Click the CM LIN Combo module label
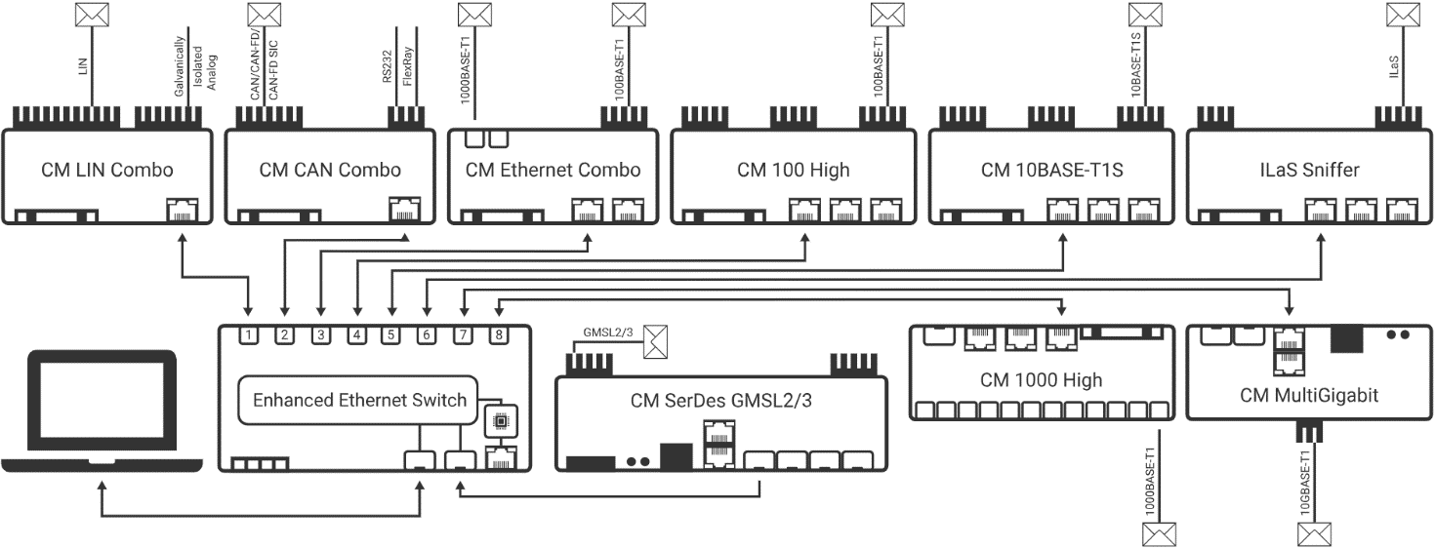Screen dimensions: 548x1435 point(107,170)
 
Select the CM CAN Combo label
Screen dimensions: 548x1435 point(330,170)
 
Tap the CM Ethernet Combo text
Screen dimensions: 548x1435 point(553,170)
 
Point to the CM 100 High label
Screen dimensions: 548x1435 point(793,170)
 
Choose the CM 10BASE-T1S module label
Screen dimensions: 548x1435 point(1052,170)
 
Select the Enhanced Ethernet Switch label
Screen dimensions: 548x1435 point(360,400)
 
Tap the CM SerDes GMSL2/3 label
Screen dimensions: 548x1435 point(721,400)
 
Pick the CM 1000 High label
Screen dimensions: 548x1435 point(1041,379)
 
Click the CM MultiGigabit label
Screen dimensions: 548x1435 point(1308,395)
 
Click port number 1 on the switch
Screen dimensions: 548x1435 point(250,336)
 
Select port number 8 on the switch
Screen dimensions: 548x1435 point(498,336)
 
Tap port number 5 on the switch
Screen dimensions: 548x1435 point(390,336)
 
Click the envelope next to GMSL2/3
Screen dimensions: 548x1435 point(663,341)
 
